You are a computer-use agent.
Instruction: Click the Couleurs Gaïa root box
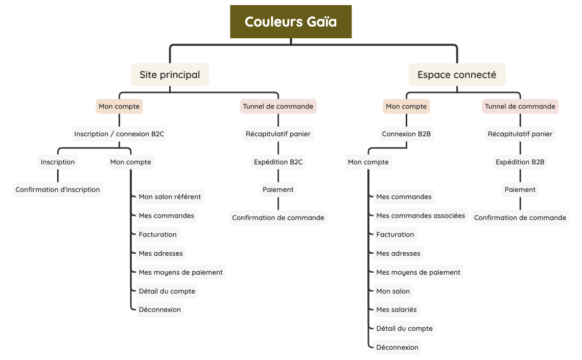pos(291,22)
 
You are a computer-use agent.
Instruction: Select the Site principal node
pos(170,75)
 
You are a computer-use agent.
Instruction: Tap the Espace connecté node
pos(456,75)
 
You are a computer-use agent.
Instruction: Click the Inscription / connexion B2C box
pos(119,134)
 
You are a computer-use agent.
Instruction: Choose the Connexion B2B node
pos(406,134)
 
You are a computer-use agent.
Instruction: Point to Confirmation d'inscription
pos(58,189)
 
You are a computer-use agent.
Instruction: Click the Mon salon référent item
pos(170,197)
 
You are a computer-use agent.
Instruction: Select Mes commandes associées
pos(421,215)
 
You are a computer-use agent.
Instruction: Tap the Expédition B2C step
pos(278,162)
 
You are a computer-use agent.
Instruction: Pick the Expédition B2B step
pos(520,162)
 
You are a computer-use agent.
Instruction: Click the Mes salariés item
pos(396,309)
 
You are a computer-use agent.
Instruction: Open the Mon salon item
pos(393,291)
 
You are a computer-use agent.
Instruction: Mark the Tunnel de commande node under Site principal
pos(278,106)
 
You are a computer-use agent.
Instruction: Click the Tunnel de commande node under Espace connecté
pos(520,106)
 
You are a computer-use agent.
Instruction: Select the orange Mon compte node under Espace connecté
pos(406,106)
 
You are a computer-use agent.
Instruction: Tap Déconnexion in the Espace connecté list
pos(397,347)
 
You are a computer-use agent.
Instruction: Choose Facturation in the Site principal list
pos(157,234)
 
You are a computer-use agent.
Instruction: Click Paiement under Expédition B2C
pos(278,189)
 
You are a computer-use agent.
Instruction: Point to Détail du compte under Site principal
pos(167,291)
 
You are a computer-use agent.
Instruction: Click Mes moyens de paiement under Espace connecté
pos(418,272)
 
